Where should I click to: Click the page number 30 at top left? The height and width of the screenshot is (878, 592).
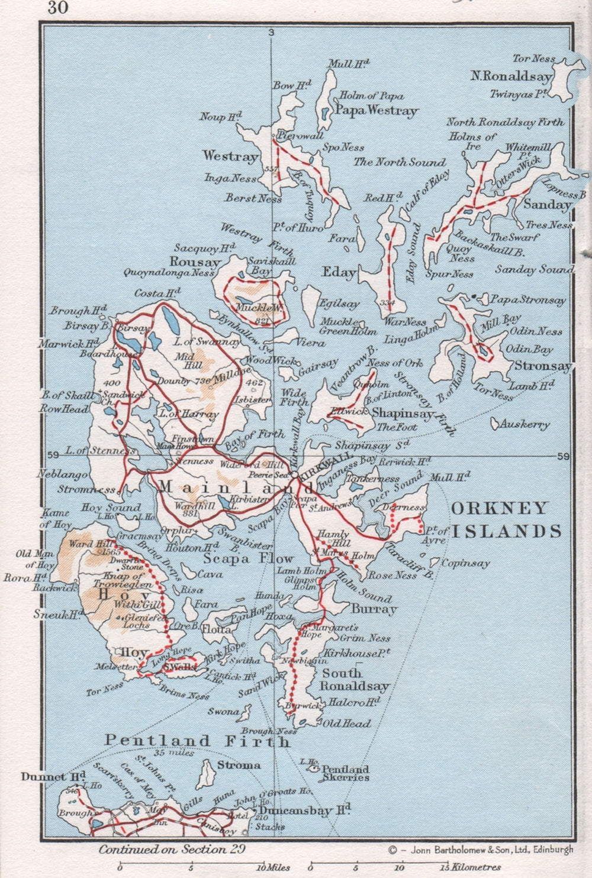[59, 8]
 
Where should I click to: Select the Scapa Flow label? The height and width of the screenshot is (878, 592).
[249, 558]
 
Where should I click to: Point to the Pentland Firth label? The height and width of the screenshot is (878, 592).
[198, 740]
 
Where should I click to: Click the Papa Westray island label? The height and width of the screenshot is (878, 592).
[376, 110]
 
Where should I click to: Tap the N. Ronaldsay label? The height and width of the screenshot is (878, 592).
[511, 76]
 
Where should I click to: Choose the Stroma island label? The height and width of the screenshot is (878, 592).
[238, 765]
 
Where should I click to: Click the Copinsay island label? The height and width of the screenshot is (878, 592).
[465, 563]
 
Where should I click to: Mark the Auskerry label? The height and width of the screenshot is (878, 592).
[525, 424]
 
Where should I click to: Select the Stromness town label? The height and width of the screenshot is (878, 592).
[86, 489]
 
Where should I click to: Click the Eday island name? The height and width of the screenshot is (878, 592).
[339, 272]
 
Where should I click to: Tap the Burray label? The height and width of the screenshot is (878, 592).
[374, 609]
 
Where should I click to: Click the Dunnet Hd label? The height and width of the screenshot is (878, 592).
[53, 776]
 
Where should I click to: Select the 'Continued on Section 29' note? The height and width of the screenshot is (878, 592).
[172, 850]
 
